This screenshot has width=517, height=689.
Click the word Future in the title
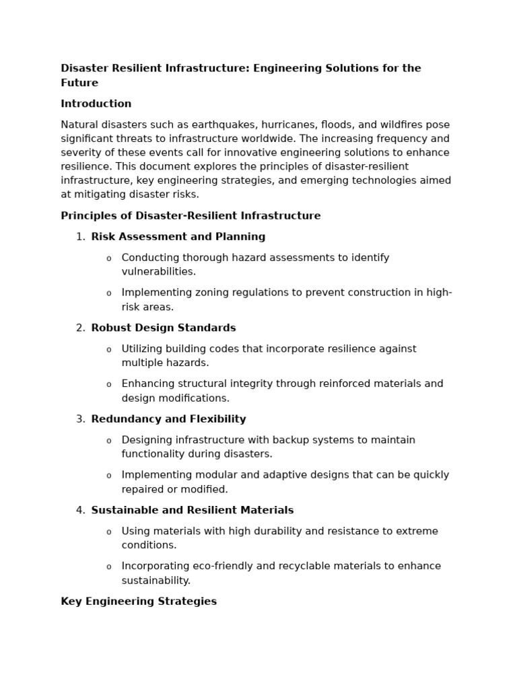coord(79,83)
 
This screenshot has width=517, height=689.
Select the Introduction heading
coord(96,104)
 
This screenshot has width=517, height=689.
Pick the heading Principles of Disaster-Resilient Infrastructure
coord(191,216)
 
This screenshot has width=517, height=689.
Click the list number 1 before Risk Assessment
coord(79,237)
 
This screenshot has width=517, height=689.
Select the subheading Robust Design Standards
coord(164,328)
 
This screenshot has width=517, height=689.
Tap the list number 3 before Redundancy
coord(79,419)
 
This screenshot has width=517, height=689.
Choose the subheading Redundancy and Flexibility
coord(168,419)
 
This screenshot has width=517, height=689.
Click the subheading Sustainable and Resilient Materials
coord(193,511)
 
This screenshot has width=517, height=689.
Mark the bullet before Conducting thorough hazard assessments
coord(109,258)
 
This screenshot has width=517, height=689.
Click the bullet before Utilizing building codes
coord(109,349)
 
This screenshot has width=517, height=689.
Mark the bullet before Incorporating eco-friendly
coord(109,567)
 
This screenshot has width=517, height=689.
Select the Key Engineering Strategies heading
coord(139,602)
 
